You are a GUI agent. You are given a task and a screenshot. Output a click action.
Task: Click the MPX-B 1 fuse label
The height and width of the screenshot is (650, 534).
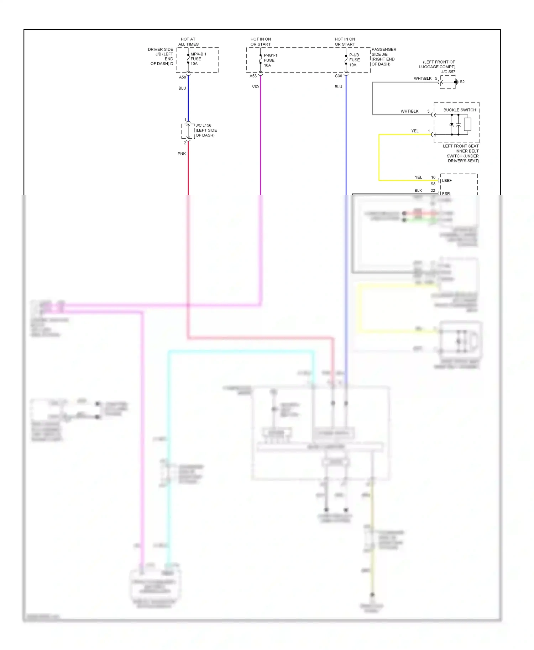(198, 59)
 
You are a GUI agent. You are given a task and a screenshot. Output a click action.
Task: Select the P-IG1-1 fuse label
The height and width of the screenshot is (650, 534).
(270, 60)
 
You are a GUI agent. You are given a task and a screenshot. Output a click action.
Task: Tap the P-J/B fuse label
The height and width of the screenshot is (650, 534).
(354, 60)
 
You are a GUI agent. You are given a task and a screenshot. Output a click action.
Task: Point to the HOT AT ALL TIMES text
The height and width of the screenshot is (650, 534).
(188, 42)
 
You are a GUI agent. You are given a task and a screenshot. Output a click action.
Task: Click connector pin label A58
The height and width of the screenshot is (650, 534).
(182, 77)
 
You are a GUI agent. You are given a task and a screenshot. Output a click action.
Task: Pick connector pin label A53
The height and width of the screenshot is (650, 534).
(253, 76)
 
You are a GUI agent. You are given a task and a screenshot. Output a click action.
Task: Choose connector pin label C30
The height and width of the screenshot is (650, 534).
(338, 76)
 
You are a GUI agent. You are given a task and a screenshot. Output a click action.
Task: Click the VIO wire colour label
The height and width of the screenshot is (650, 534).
(255, 87)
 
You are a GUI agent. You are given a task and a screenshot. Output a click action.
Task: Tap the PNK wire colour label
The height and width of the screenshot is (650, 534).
(182, 154)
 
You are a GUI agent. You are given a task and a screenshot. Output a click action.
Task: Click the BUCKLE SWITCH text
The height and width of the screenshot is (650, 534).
(460, 110)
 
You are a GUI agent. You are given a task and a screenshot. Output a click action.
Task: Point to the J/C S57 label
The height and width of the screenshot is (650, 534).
(448, 72)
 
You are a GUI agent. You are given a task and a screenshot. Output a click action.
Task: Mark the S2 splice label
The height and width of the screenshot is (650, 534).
(462, 82)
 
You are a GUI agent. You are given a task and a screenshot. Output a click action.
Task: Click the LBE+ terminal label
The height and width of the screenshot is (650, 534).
(447, 181)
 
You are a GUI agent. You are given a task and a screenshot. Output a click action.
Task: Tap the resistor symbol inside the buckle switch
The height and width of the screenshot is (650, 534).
(467, 124)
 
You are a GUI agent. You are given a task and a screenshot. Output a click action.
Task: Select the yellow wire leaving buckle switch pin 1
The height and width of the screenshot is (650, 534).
(379, 156)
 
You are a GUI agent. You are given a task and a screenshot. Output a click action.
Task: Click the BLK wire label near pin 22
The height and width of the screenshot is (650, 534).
(418, 191)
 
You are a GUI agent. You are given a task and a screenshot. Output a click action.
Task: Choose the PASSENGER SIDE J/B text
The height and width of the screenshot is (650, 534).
(383, 57)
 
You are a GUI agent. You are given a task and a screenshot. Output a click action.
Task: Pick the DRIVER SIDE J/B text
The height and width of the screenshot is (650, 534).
(161, 57)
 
